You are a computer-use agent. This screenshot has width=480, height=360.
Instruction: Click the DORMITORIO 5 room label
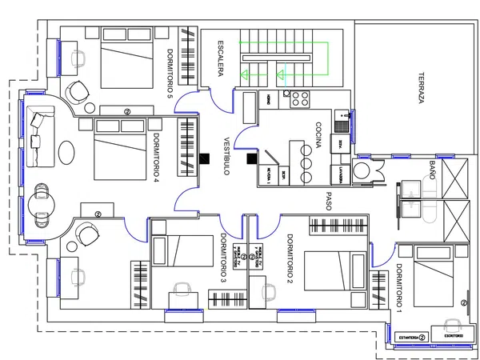[170, 74]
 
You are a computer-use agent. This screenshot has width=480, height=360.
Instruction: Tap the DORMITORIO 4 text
[158, 158]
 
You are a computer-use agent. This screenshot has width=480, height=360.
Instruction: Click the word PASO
[329, 199]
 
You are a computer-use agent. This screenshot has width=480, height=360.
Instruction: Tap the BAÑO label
[432, 171]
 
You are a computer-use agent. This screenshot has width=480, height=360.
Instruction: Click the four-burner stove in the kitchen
[300, 98]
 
